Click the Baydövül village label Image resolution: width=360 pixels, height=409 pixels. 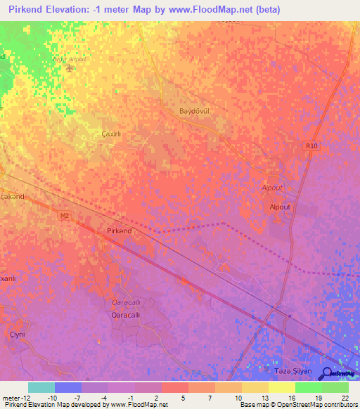coord(195,112)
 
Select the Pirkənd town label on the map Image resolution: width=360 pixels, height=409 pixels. coord(120,231)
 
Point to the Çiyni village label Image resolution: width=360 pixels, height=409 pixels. coord(17,334)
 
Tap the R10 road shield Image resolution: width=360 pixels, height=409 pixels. coord(311,145)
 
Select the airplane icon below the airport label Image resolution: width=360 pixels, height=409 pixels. coord(68,68)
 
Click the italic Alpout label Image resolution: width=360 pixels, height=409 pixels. coord(271,188)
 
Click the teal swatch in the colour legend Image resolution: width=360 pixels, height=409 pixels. coord(41,387)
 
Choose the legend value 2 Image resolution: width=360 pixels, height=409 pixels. coord(155,397)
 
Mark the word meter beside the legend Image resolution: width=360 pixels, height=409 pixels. coord(11,397)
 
